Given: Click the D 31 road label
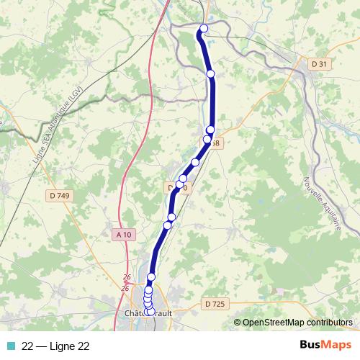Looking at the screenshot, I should (319, 64).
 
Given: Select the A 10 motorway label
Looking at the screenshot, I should (124, 234).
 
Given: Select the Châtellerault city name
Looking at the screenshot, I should (147, 313).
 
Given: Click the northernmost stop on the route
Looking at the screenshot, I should (203, 29).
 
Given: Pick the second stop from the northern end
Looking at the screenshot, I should (210, 73).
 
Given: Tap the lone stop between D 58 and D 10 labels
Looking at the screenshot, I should (195, 163).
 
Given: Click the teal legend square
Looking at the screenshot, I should (10, 346).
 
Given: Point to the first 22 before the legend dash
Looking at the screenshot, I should (28, 346).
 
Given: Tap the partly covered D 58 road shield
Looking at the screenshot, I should (216, 143).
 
